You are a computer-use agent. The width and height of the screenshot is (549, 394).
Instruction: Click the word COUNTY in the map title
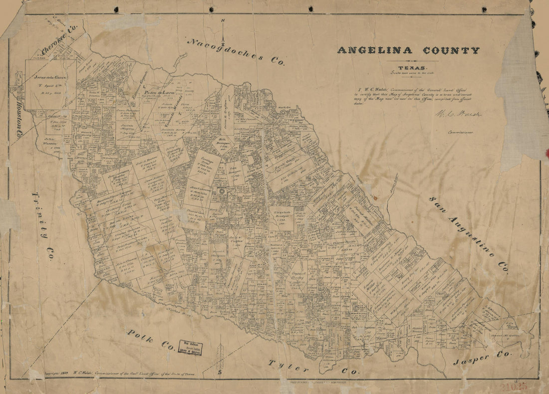(451, 50)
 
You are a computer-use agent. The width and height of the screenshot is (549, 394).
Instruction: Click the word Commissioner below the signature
(460, 133)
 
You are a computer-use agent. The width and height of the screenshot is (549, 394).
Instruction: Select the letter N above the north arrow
(223, 20)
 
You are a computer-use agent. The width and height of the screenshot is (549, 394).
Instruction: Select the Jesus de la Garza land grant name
(49, 78)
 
